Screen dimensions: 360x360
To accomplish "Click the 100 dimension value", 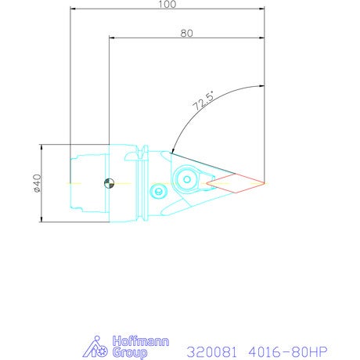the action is [167, 4].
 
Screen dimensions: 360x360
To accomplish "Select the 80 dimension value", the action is [187, 34].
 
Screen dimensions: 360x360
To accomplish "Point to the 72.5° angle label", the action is [203, 101].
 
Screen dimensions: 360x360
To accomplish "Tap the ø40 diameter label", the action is [38, 183].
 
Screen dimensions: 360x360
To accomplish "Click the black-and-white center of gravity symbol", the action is [109, 183].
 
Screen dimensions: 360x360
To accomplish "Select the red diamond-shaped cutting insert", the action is [236, 183].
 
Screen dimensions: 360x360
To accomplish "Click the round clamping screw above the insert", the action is [187, 179].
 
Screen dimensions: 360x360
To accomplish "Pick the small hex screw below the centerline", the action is [158, 192].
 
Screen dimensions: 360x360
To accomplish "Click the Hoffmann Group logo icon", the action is [95, 347].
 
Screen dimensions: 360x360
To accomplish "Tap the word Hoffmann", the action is [141, 341].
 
